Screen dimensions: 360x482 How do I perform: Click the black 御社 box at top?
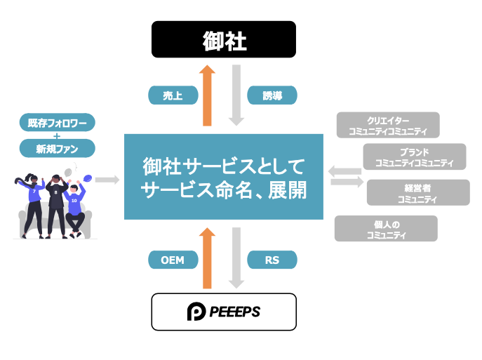click(x=224, y=39)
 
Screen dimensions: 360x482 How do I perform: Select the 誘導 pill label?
click(x=272, y=95)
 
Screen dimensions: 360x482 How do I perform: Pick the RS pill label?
click(x=272, y=260)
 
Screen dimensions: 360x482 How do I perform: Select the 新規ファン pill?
click(x=57, y=148)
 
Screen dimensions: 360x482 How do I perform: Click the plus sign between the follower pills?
click(x=57, y=136)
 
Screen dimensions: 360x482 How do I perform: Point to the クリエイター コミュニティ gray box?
click(x=388, y=125)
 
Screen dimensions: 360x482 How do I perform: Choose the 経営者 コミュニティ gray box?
click(x=417, y=192)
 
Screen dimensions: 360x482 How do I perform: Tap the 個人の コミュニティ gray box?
click(x=386, y=229)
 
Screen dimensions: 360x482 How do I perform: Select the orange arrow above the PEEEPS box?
click(x=207, y=258)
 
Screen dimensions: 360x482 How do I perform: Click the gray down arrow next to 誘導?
click(x=236, y=95)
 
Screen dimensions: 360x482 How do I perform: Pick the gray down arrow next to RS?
click(x=236, y=258)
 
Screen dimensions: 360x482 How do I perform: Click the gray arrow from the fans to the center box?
click(x=107, y=180)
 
